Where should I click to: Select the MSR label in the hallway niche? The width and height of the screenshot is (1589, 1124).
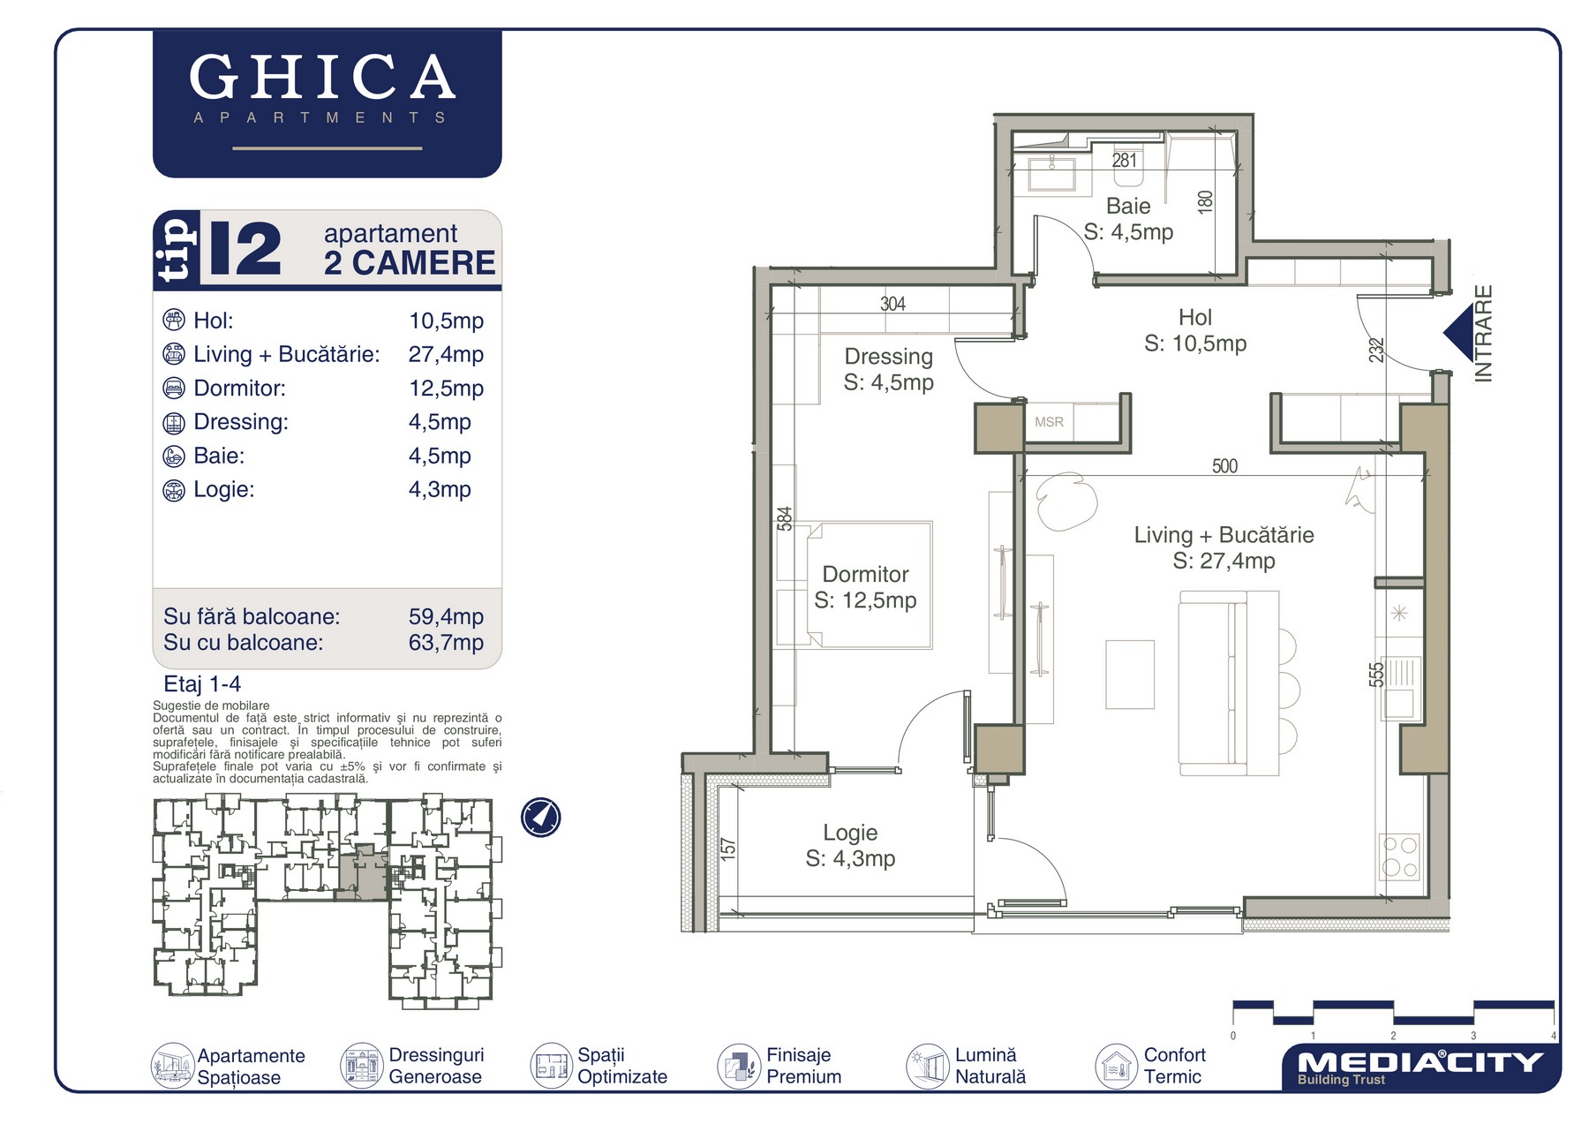click(1049, 422)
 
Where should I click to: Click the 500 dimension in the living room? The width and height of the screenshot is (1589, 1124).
click(1224, 466)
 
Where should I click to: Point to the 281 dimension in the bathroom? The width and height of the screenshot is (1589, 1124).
click(1124, 161)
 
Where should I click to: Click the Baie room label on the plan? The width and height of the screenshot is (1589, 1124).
click(1128, 206)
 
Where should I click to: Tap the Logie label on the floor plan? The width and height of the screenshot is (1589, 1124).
click(850, 833)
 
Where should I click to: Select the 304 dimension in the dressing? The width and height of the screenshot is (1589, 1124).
click(892, 304)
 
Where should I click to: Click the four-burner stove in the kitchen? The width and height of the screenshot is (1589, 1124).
click(1399, 856)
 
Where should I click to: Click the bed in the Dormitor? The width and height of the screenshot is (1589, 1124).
click(869, 585)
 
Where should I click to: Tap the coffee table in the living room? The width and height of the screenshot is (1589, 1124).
click(1130, 675)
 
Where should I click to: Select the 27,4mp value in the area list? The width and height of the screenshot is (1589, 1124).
click(446, 354)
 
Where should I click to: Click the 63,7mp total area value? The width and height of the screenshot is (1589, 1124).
click(446, 642)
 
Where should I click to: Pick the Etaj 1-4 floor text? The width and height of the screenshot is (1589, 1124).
click(202, 684)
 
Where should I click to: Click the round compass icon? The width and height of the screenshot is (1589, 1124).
click(540, 818)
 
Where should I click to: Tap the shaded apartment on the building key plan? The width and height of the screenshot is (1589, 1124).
click(363, 872)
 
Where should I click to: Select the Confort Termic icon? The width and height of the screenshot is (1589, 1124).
click(1116, 1066)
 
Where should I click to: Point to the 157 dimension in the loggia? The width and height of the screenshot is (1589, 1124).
click(727, 849)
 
